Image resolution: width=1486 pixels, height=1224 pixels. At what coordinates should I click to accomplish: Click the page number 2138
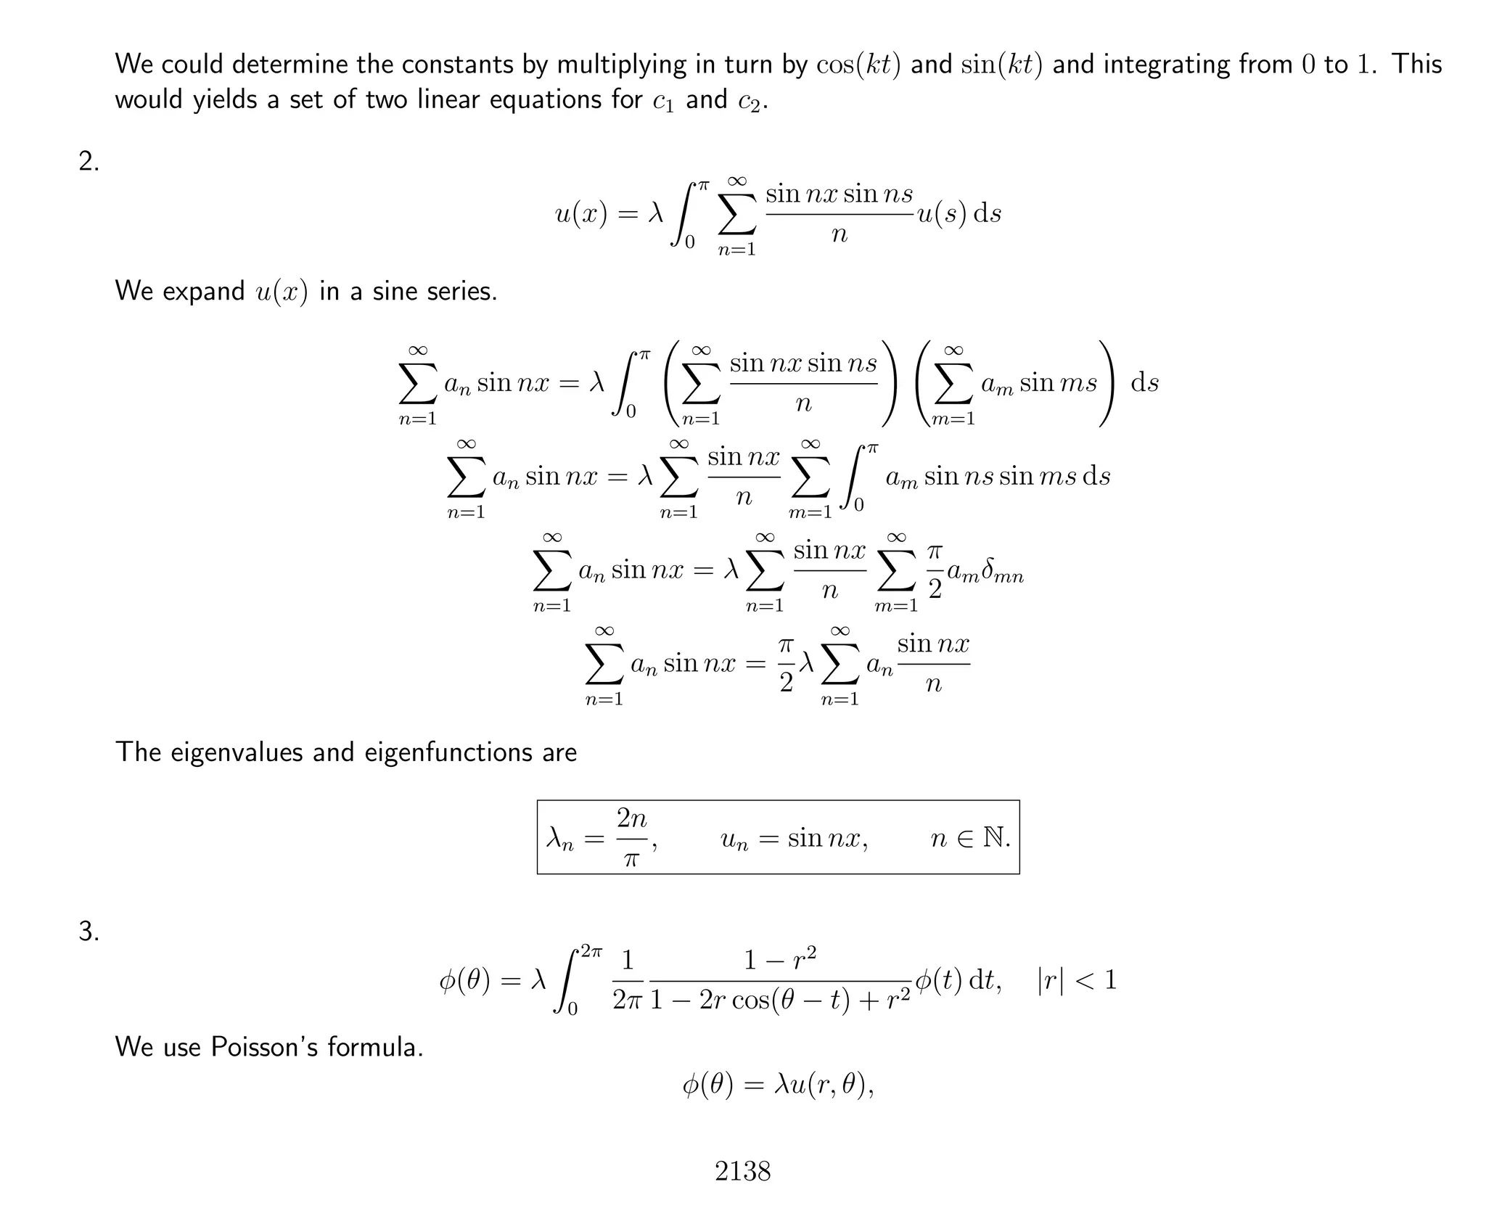coord(742,1171)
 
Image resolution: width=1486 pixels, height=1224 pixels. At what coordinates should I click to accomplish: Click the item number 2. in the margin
coord(89,162)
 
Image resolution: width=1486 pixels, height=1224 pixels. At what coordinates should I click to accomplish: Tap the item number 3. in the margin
coord(89,932)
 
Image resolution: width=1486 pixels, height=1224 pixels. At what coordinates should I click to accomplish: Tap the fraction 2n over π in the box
coord(631,838)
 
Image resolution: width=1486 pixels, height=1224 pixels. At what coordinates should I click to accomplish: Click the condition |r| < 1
coord(1077,981)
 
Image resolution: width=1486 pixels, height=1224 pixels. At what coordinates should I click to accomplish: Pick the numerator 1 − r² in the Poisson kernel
coord(780,960)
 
